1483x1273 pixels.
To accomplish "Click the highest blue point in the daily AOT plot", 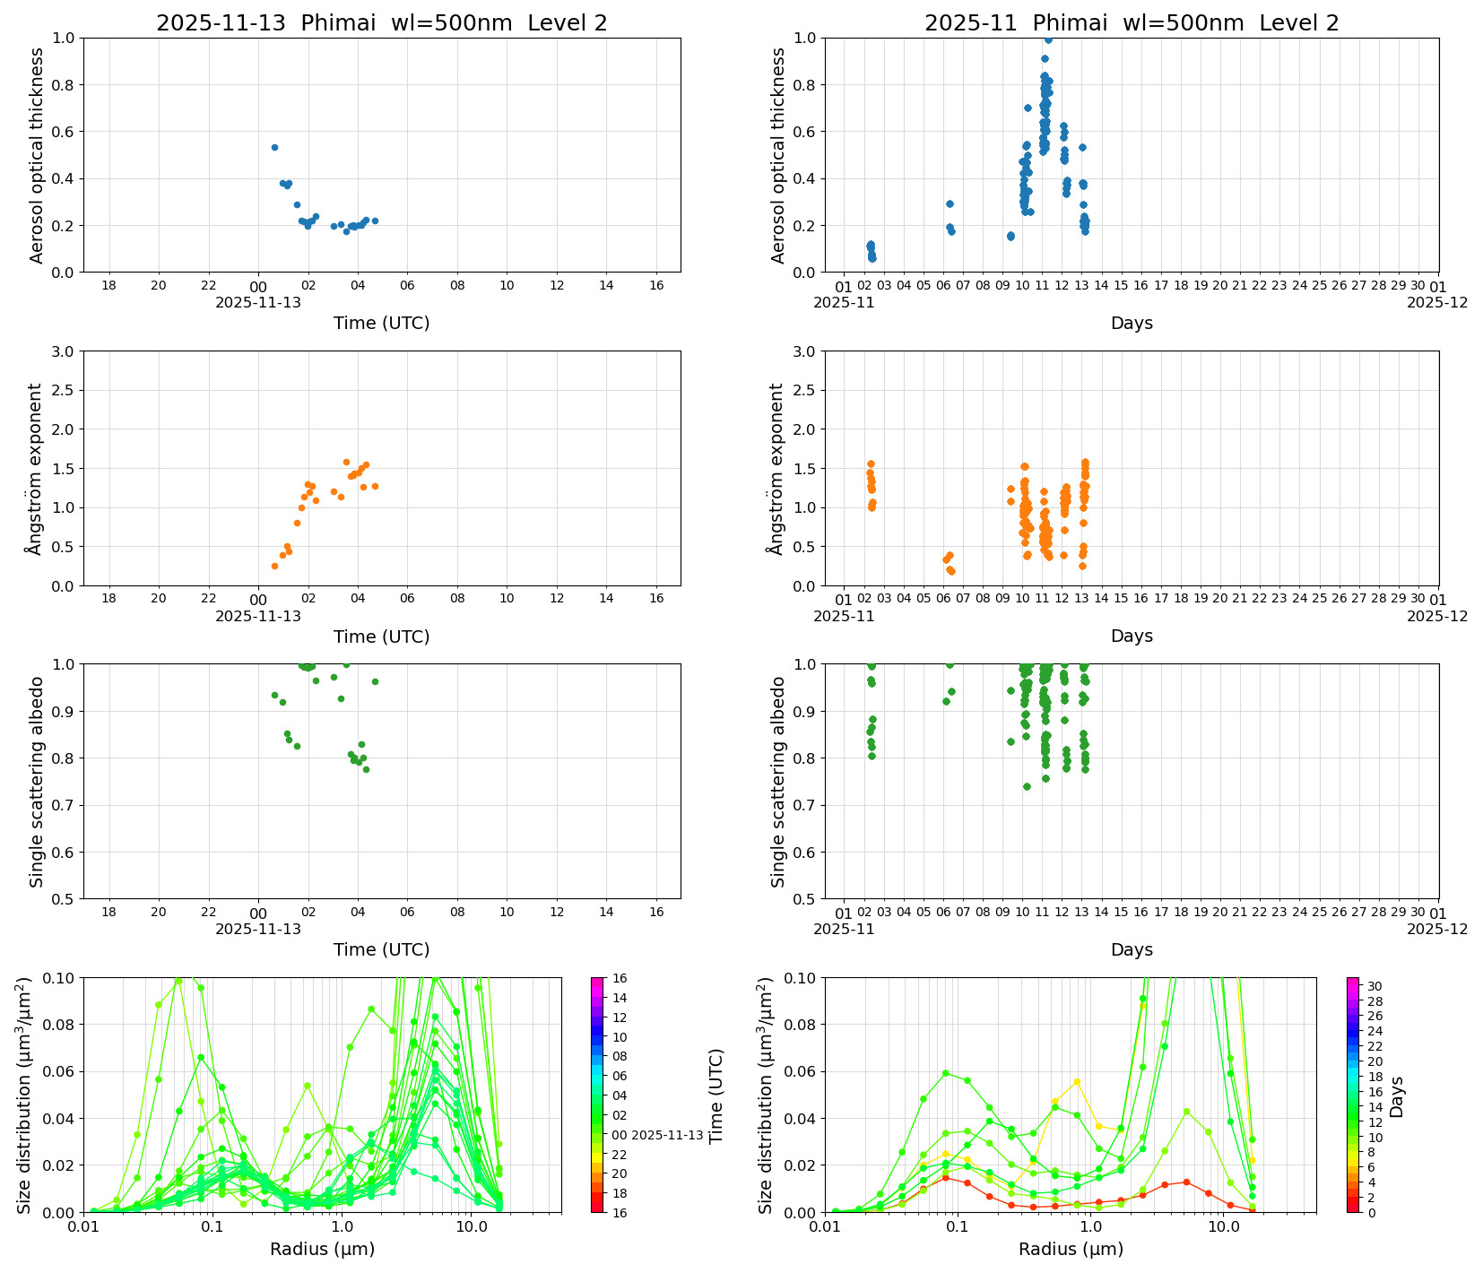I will click(x=274, y=147).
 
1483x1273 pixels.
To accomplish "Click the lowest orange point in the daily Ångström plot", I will click(x=274, y=566).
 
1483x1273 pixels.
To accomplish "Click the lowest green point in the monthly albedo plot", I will click(x=1027, y=786).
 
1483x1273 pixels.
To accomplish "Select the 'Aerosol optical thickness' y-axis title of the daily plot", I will click(x=37, y=155).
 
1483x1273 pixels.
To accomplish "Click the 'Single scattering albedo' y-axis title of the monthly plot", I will click(x=778, y=782).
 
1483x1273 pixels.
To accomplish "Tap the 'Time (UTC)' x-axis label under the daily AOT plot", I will click(x=381, y=323).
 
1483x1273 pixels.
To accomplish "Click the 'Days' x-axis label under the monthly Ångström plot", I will click(x=1132, y=636).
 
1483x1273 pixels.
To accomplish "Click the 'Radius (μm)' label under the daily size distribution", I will click(x=322, y=1249).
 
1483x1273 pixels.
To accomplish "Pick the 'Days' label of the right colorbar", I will click(x=1396, y=1095).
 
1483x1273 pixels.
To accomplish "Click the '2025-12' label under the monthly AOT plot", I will click(x=1437, y=302).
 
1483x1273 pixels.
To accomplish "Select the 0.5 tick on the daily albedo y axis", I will click(x=65, y=899).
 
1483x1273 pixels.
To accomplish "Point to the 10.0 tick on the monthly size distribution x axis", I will click(x=1223, y=1227).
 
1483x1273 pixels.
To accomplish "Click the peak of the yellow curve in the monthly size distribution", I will click(x=1077, y=1082).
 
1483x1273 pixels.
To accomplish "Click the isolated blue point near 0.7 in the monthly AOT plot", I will click(x=1028, y=108).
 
